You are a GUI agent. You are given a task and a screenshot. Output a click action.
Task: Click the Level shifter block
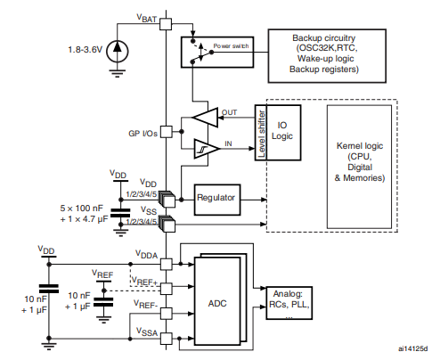(x=261, y=128)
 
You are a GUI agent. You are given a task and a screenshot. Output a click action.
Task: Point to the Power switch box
(x=215, y=50)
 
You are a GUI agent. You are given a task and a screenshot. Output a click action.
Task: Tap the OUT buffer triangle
(x=206, y=117)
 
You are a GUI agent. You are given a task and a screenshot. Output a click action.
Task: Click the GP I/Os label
(x=144, y=133)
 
